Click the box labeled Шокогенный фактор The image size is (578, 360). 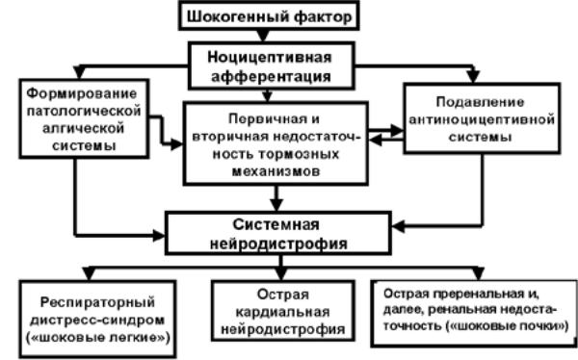tap(269, 15)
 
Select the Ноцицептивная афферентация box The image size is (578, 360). tap(272, 65)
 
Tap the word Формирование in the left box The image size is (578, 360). tap(82, 93)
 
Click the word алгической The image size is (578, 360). tap(83, 128)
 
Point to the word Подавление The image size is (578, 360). tap(480, 102)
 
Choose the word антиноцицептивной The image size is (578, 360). tap(482, 119)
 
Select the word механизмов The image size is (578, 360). tap(276, 171)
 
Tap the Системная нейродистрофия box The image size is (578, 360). tap(278, 233)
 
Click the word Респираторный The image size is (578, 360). tap(97, 302)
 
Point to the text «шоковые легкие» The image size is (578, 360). tap(98, 337)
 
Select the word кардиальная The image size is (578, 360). tap(282, 312)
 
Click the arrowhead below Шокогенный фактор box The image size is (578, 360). tap(262, 36)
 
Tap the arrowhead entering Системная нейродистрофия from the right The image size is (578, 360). tap(398, 226)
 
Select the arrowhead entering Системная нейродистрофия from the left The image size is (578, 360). tap(159, 236)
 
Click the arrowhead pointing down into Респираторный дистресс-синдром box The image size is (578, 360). tap(90, 273)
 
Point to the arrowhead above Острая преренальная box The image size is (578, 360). tap(478, 273)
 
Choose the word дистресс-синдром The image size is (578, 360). tap(97, 320)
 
